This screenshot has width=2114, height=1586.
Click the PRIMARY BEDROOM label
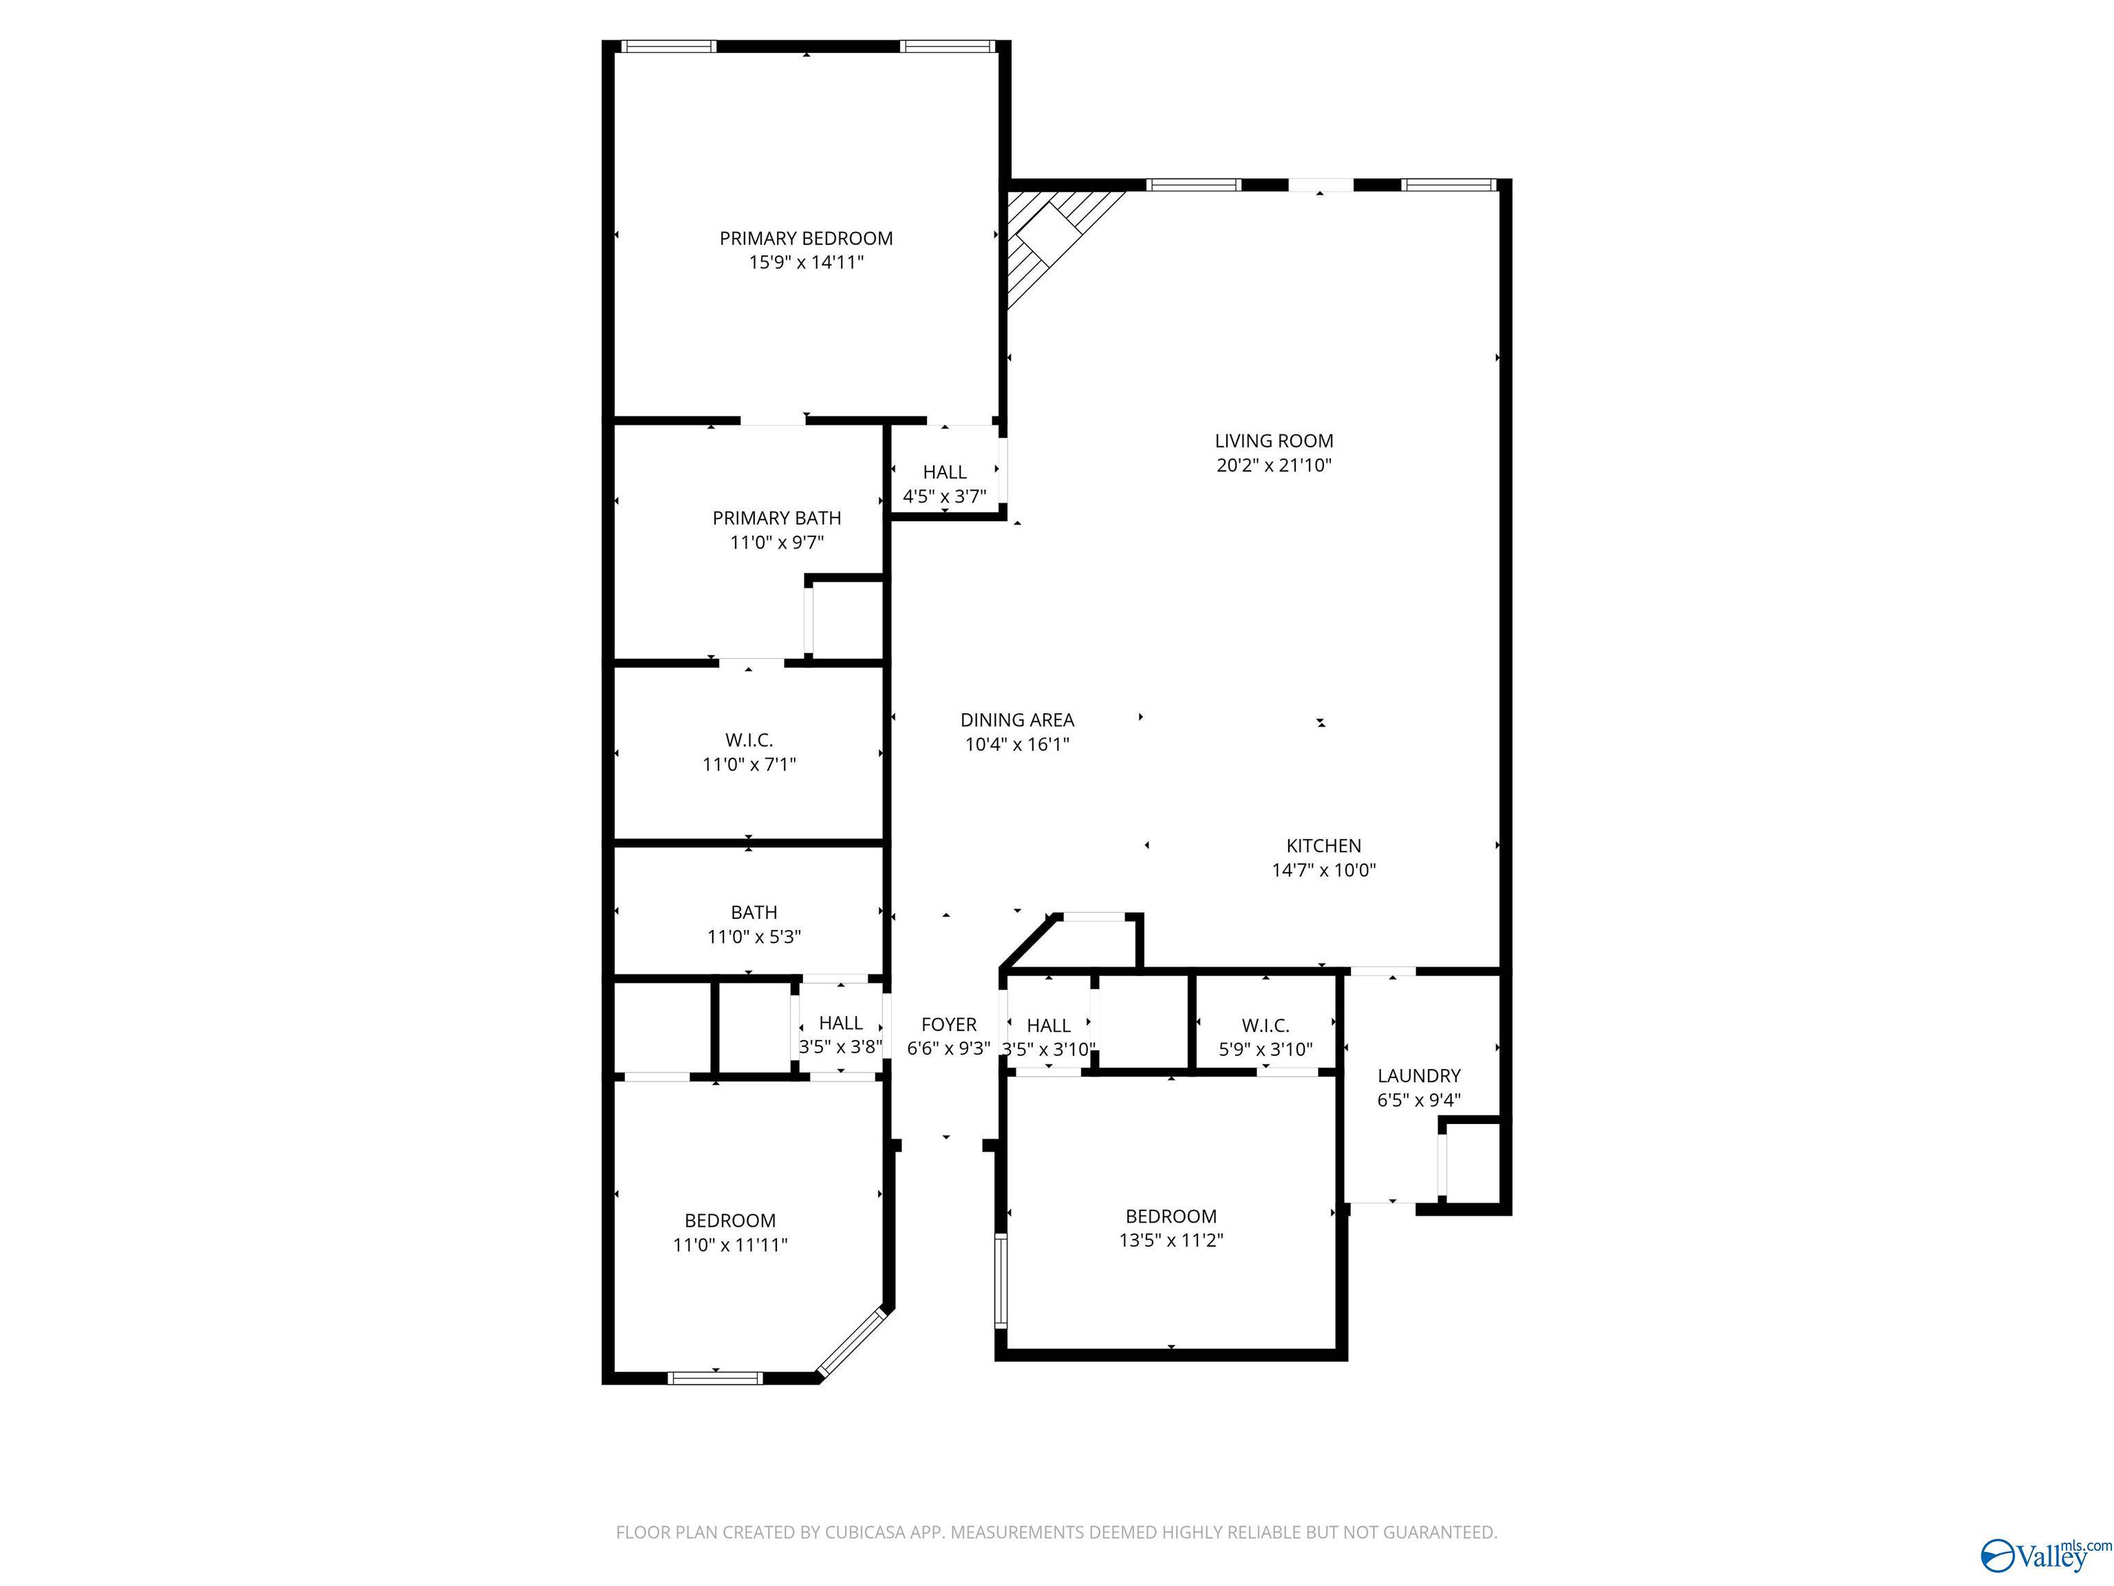806,238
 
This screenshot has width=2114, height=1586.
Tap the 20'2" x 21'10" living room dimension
1273,465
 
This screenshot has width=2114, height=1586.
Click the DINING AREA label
1017,720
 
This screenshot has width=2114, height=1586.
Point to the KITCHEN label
1323,845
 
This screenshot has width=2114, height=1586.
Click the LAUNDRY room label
1418,1075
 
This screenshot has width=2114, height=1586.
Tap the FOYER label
948,1024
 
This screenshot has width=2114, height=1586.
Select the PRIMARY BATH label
776,518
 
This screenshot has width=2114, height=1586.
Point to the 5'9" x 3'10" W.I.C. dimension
1266,1049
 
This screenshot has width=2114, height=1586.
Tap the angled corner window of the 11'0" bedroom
853,1342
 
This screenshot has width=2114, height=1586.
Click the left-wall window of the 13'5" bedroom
1001,1280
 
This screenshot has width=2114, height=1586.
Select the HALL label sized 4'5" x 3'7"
944,472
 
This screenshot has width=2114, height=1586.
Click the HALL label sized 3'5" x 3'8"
840,1023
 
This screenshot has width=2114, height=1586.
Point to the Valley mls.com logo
2044,1554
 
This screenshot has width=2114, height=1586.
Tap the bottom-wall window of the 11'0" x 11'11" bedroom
715,1377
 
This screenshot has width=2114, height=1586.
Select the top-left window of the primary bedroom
668,46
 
